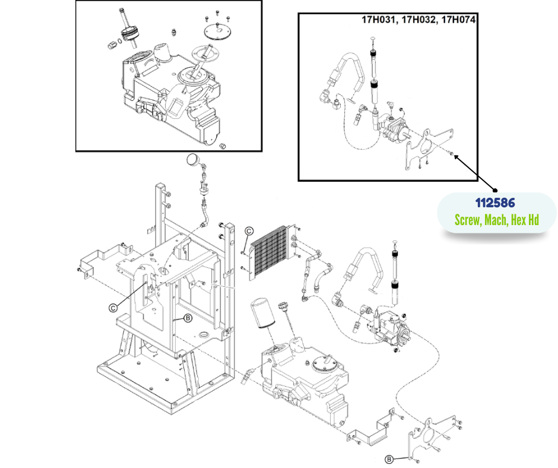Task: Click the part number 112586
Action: [x=495, y=203]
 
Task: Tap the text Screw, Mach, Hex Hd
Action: [x=496, y=220]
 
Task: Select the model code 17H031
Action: [x=378, y=20]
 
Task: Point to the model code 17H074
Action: [x=458, y=20]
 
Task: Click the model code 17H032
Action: [x=418, y=20]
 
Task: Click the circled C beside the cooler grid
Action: [x=249, y=231]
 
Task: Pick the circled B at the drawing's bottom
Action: [x=389, y=460]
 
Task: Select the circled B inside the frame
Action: [x=188, y=318]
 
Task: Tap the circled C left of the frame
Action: [x=113, y=308]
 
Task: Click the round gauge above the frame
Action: [x=194, y=159]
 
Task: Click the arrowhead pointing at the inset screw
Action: [x=457, y=156]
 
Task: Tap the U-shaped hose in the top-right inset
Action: [x=347, y=73]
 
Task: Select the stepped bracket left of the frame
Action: [x=103, y=258]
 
